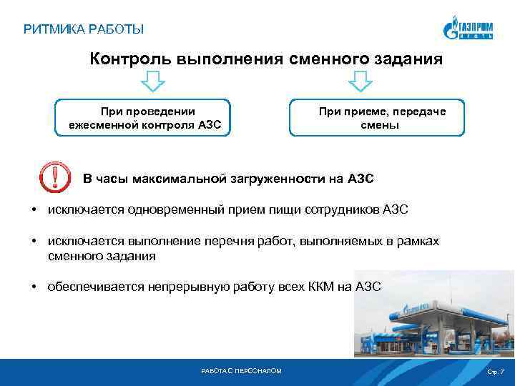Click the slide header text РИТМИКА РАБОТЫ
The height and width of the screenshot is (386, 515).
[x=84, y=29]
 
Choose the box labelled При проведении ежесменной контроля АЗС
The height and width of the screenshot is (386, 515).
[x=144, y=117]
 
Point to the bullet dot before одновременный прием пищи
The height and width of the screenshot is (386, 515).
[x=34, y=210]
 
